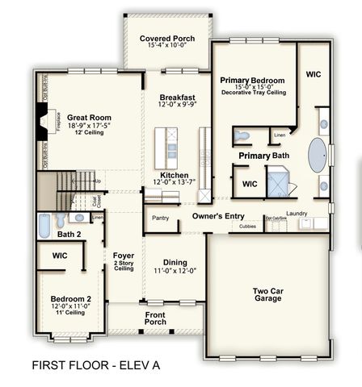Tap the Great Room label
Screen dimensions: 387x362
pos(89,118)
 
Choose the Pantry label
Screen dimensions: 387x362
pos(160,218)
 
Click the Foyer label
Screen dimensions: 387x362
pos(124,256)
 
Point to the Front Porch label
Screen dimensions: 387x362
pos(155,318)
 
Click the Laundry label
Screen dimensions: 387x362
pos(297,214)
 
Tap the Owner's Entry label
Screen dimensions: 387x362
pos(217,216)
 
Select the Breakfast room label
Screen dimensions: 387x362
pos(175,98)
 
